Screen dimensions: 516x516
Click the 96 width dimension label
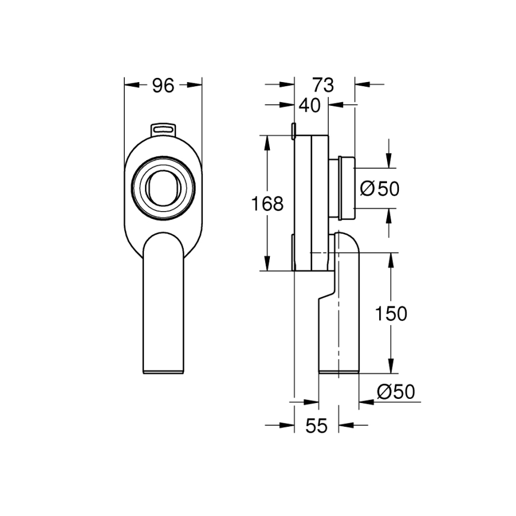tap(163, 86)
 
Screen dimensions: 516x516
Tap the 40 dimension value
tap(309, 105)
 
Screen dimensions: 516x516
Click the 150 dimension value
tap(391, 313)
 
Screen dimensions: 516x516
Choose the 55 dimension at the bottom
tap(317, 426)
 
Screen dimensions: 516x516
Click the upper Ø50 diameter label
tap(380, 188)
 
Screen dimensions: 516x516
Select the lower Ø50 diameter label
tap(396, 392)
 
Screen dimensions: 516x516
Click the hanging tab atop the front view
tap(163, 128)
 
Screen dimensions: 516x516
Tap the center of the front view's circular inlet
tap(163, 188)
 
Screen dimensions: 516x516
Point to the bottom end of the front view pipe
tap(163, 370)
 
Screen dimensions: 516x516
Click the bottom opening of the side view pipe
tap(339, 373)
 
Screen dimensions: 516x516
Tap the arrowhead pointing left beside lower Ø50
tap(364, 402)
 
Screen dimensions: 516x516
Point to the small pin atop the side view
tap(295, 130)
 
